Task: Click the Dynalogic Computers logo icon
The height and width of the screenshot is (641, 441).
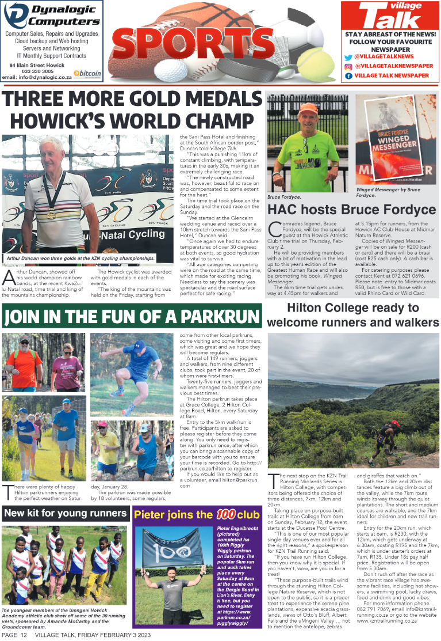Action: click(15, 16)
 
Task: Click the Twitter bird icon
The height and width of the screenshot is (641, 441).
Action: click(348, 57)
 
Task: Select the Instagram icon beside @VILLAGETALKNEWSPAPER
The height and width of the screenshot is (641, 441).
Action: click(348, 66)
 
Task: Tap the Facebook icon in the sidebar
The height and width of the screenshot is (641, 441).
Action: click(348, 76)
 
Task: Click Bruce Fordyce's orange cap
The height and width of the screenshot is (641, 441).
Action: click(308, 109)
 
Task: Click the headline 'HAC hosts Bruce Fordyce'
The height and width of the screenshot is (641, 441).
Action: click(352, 209)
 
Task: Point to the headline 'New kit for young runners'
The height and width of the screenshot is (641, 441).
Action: click(64, 513)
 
